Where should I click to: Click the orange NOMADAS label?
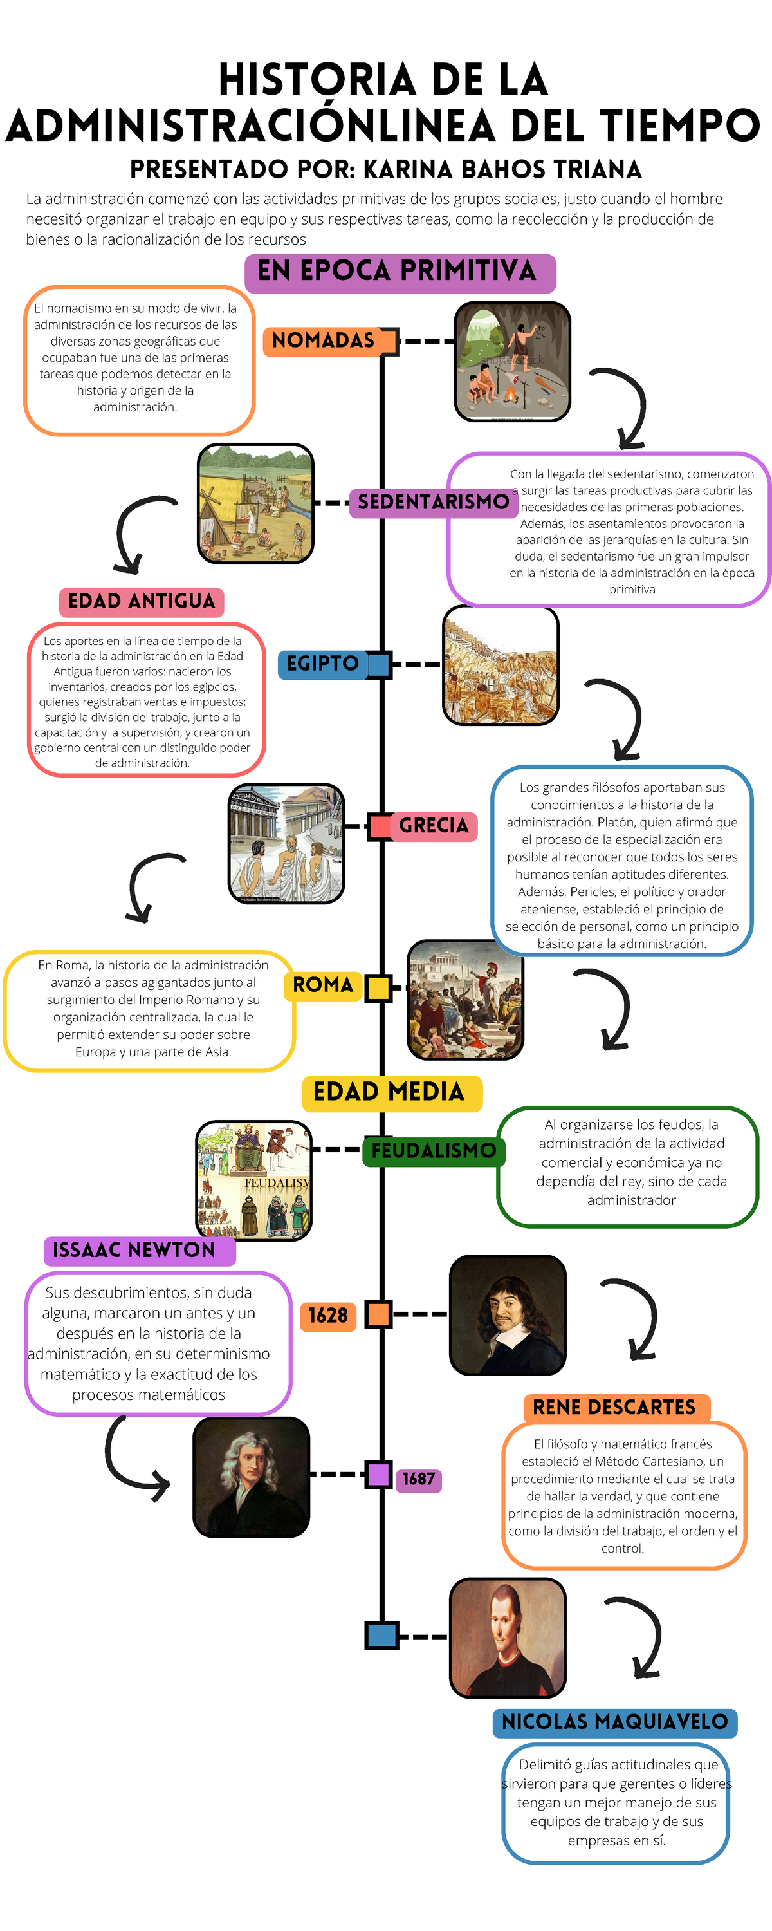(x=323, y=341)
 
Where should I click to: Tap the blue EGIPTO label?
(x=323, y=664)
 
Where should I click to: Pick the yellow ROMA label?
(x=323, y=985)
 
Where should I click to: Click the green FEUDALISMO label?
(x=434, y=1151)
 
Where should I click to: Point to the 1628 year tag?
(x=328, y=1316)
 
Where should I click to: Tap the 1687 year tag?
(x=418, y=1479)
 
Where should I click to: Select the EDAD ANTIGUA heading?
(x=142, y=602)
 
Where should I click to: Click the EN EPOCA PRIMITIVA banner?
(x=400, y=273)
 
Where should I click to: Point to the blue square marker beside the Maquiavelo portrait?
(x=381, y=1635)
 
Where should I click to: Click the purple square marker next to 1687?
(x=378, y=1475)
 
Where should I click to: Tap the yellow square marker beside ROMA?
(x=378, y=988)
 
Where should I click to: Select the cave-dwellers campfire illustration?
(x=513, y=361)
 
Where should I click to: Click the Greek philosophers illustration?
(x=286, y=844)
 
